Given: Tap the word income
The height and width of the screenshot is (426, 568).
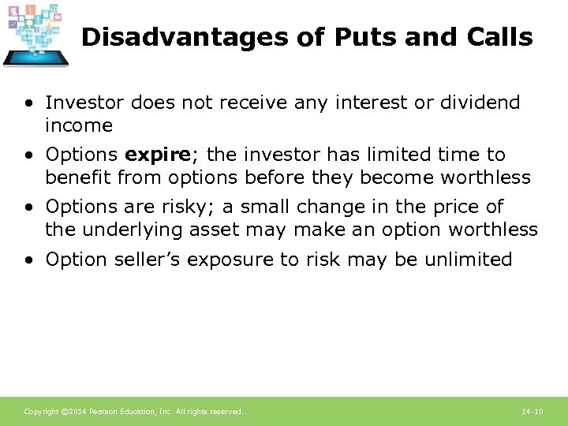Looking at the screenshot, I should pos(79,125).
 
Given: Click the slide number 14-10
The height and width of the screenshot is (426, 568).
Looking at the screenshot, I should pos(532,412).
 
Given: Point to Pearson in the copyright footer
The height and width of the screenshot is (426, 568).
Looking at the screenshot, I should pos(103,412).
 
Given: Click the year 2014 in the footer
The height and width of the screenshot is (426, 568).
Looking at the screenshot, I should pos(77,412).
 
